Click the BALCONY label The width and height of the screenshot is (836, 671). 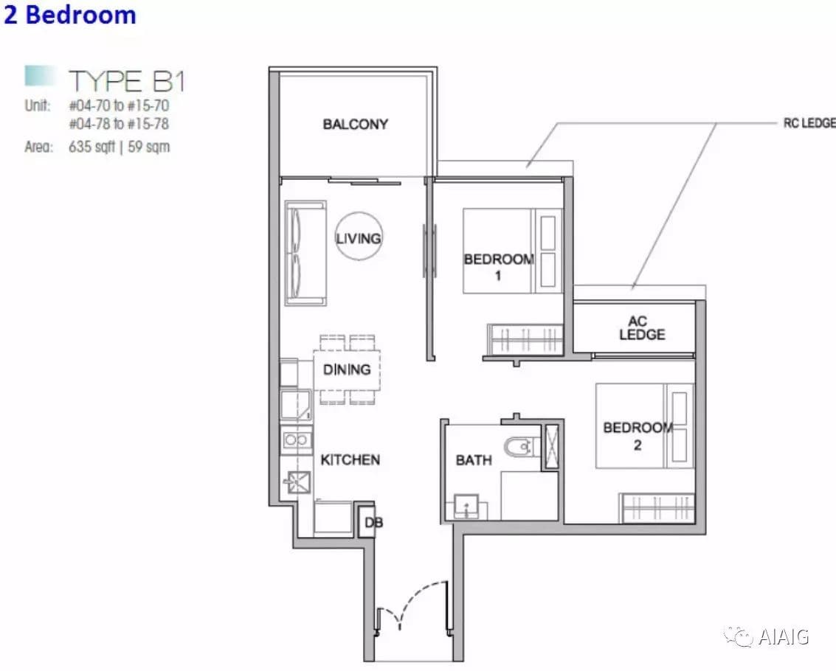355,124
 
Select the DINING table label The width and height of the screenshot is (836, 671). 347,369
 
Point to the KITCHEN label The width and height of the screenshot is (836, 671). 350,459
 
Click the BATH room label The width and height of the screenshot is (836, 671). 474,460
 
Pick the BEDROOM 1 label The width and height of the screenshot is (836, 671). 499,267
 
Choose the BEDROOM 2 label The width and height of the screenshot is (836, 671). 638,436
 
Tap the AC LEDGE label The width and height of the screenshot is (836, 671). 642,328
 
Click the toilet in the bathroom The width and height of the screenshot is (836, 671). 518,447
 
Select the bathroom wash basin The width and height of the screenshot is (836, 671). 466,507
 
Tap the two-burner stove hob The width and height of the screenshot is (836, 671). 296,440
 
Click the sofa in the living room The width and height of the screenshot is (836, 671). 305,253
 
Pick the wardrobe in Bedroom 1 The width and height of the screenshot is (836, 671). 525,339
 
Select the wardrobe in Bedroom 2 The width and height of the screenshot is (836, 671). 657,507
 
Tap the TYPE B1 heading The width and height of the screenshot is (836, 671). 127,82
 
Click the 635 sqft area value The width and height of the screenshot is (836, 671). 91,147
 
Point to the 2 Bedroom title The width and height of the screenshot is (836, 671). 70,15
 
